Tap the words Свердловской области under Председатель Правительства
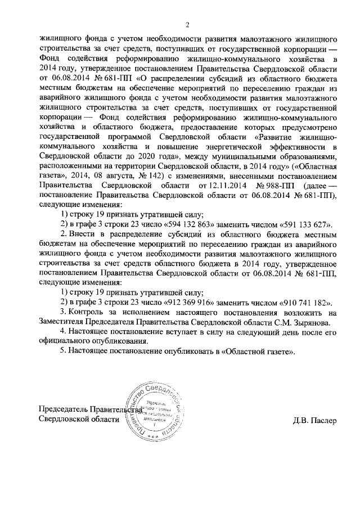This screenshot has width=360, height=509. coord(78,420)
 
